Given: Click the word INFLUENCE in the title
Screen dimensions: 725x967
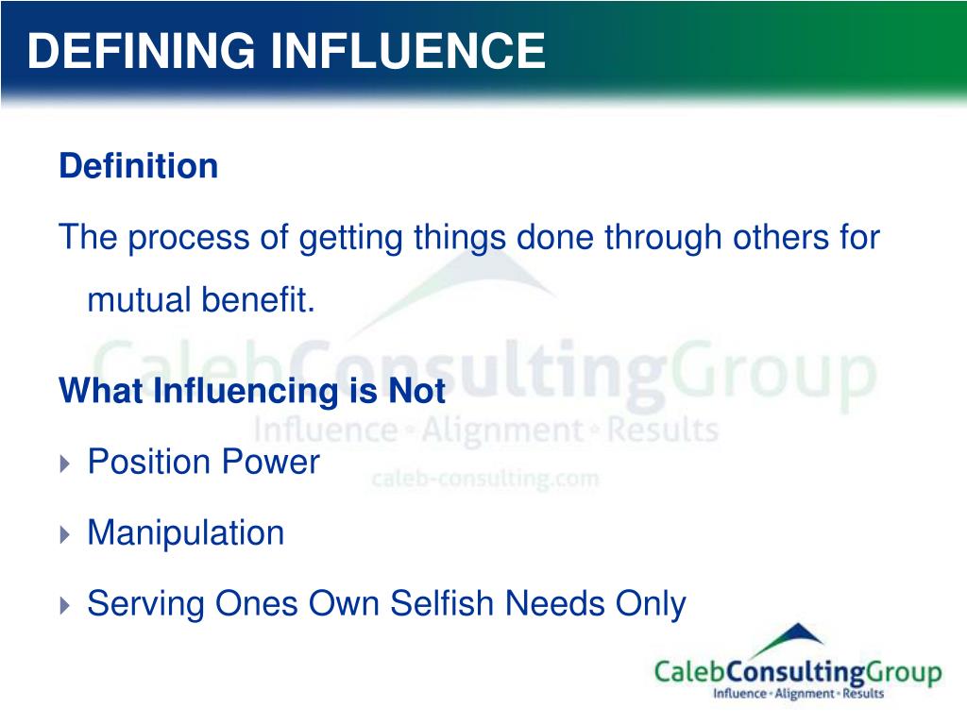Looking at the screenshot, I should click(x=409, y=51).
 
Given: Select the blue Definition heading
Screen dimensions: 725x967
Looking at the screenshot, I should click(x=138, y=167).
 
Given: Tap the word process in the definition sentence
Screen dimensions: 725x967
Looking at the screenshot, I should click(x=192, y=237).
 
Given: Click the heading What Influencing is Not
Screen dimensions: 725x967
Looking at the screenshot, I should click(x=251, y=391).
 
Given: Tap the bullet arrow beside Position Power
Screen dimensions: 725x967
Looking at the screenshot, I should click(x=64, y=464).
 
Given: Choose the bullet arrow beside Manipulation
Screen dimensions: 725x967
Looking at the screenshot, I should click(x=64, y=535).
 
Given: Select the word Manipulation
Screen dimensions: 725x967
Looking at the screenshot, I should click(x=185, y=533).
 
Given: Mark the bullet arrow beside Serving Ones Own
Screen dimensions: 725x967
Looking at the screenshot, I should click(x=64, y=605).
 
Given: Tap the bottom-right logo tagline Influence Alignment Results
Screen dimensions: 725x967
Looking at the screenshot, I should click(x=798, y=695).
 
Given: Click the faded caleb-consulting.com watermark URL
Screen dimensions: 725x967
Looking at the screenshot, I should click(x=484, y=479).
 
